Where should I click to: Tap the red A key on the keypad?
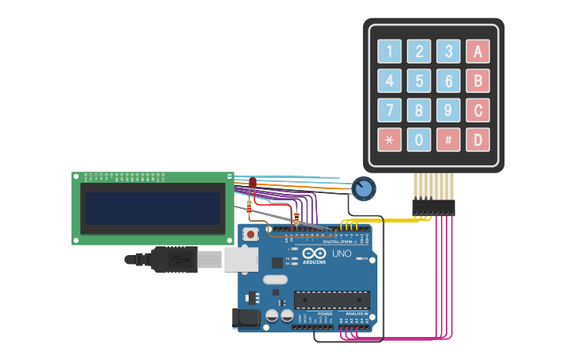(x=477, y=52)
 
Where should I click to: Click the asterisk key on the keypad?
(x=389, y=140)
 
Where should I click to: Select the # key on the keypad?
(x=448, y=140)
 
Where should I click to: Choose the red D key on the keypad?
(x=477, y=140)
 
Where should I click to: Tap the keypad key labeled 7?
(x=389, y=110)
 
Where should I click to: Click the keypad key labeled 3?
(x=448, y=52)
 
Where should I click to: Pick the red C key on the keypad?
(x=477, y=110)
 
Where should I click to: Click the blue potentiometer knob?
(x=363, y=188)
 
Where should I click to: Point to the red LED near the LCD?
(x=253, y=183)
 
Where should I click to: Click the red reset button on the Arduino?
(x=251, y=234)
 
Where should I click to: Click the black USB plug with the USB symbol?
(x=174, y=259)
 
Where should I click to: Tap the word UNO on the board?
(x=342, y=254)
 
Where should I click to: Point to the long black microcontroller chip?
(x=331, y=300)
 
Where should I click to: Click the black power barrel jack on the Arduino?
(x=246, y=319)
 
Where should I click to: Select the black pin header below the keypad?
(x=433, y=207)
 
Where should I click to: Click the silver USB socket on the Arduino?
(x=241, y=259)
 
